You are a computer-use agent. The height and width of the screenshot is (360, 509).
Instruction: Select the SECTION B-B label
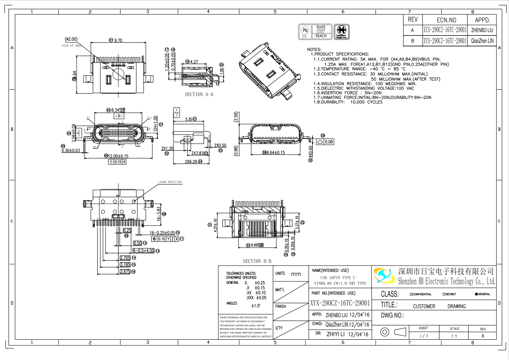pyautogui.click(x=257, y=261)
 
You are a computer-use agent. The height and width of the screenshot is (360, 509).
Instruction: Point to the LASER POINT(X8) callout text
pyautogui.click(x=170, y=182)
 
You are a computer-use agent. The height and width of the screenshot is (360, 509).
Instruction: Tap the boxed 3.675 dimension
pyautogui.click(x=125, y=271)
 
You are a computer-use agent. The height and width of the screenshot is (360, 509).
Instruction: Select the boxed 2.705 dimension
pyautogui.click(x=125, y=258)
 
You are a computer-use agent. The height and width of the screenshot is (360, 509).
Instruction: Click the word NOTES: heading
pyautogui.click(x=314, y=49)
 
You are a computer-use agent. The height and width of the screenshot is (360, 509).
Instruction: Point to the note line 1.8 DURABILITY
pyautogui.click(x=348, y=102)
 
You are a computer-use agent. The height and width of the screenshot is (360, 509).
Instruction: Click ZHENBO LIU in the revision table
pyautogui.click(x=482, y=30)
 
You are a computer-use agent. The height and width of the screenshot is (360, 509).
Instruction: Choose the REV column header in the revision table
pyautogui.click(x=412, y=20)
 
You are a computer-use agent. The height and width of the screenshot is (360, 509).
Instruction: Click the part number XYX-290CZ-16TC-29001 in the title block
pyautogui.click(x=340, y=303)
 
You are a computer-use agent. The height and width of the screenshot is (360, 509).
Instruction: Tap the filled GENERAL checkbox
pyautogui.click(x=476, y=294)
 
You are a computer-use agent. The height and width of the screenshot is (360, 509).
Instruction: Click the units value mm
pyautogui.click(x=296, y=274)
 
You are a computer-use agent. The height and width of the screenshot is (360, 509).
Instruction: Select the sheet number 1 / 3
pyautogui.click(x=423, y=336)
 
